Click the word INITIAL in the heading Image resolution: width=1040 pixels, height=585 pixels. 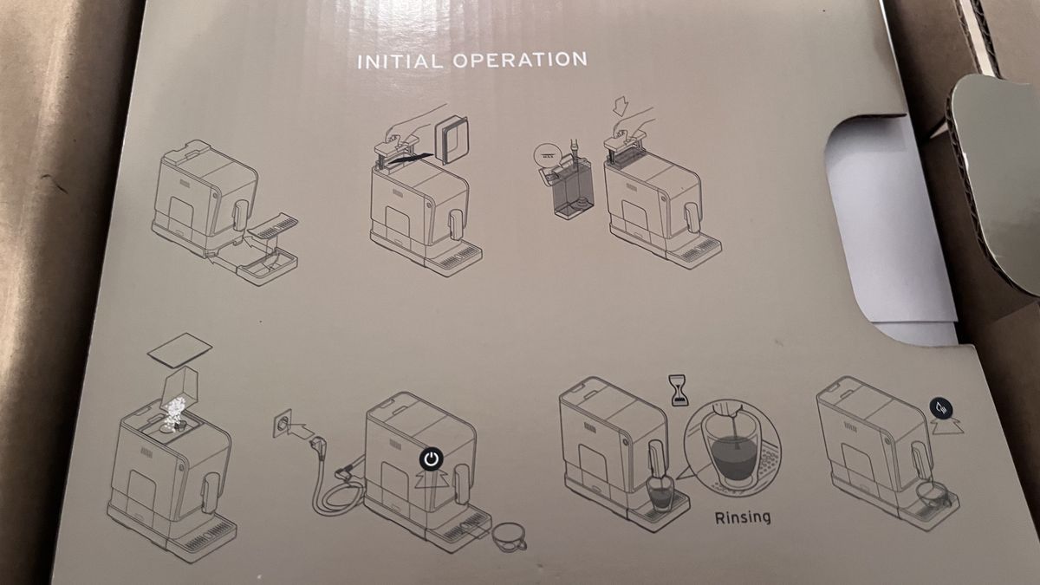click(400, 62)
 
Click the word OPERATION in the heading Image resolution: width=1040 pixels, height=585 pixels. click(520, 60)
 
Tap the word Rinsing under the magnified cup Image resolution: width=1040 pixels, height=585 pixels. click(743, 517)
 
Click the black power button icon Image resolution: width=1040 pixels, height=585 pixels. click(432, 459)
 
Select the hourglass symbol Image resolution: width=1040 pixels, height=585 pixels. click(679, 391)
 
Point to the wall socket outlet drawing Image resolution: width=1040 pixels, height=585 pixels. click(282, 424)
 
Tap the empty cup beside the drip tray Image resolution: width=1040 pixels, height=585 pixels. click(510, 537)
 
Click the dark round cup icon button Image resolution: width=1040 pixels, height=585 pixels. click(941, 409)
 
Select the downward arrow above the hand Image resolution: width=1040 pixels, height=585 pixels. click(621, 107)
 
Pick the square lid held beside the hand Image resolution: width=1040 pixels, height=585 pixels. click(452, 140)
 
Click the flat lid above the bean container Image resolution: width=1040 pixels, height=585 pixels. click(179, 350)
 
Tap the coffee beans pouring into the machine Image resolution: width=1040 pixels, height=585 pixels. click(174, 413)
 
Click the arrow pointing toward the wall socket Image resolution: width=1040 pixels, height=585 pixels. click(301, 431)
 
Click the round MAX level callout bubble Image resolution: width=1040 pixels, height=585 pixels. click(548, 157)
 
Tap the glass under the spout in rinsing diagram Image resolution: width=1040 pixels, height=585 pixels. click(660, 493)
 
